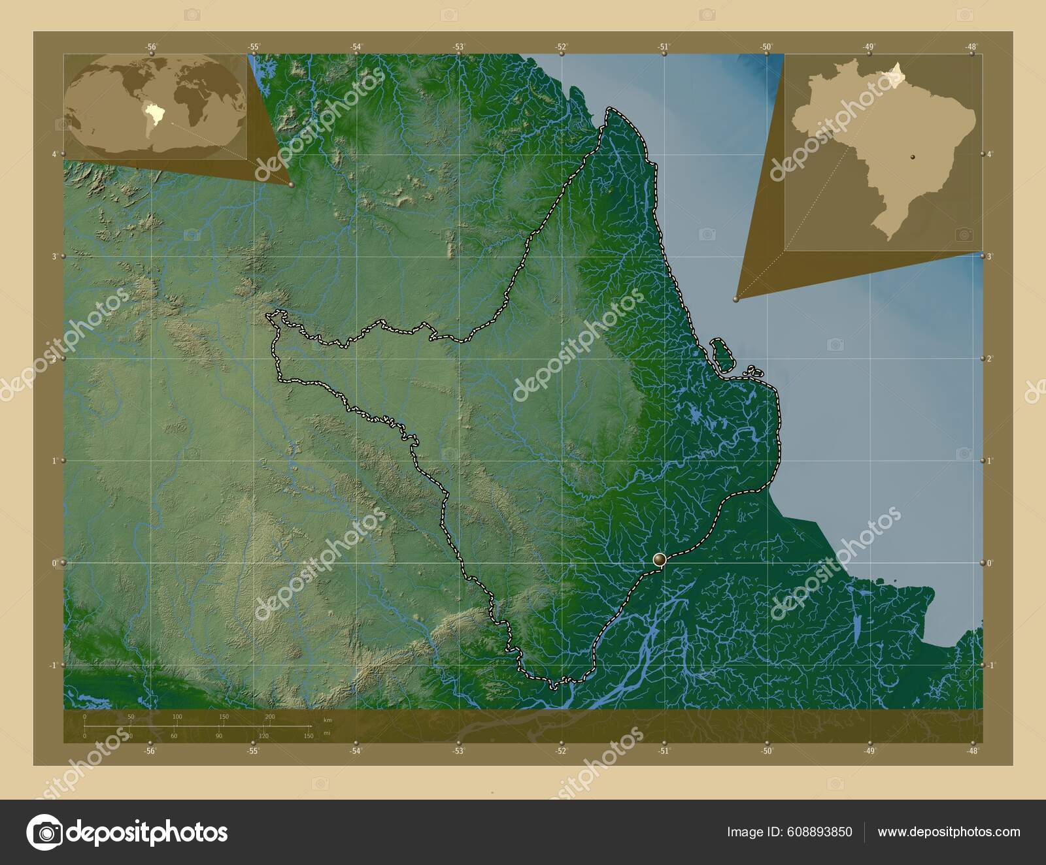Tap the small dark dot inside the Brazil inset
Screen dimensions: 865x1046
click(x=915, y=157)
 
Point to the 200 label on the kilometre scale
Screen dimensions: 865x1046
click(x=270, y=717)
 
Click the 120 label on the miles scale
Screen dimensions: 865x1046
click(x=263, y=736)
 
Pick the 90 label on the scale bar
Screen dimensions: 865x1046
click(x=219, y=736)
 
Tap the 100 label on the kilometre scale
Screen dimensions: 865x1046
click(x=177, y=717)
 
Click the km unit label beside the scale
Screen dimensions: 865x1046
click(x=328, y=720)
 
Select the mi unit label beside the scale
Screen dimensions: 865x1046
click(x=326, y=734)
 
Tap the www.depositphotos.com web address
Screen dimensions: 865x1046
click(x=949, y=832)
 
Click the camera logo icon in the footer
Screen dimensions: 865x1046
click(x=44, y=832)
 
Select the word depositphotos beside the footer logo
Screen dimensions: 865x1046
click(x=148, y=832)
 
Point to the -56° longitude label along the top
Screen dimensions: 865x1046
click(x=151, y=46)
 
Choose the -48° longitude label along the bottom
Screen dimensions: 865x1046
click(x=972, y=751)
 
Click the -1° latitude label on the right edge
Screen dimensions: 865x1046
click(x=989, y=665)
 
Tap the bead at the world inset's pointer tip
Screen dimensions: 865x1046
click(x=291, y=185)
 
